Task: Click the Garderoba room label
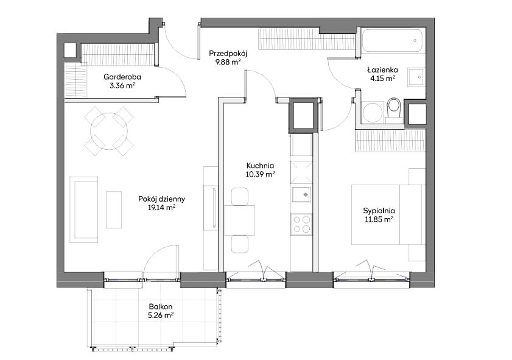[122, 77]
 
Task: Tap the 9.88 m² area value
[228, 62]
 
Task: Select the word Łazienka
[382, 69]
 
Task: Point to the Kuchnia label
[260, 166]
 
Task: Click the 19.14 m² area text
[162, 207]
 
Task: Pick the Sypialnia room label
[379, 211]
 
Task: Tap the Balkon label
[160, 307]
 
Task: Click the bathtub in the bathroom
[392, 41]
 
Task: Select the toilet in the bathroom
[395, 110]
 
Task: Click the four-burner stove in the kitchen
[301, 224]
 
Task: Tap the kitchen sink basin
[301, 195]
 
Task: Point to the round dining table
[109, 131]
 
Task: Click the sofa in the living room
[84, 210]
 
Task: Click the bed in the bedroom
[388, 214]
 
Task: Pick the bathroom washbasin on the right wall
[416, 77]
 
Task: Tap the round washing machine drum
[372, 111]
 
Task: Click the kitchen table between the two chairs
[240, 220]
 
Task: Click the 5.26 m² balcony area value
[160, 316]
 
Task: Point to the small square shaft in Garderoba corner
[69, 51]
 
